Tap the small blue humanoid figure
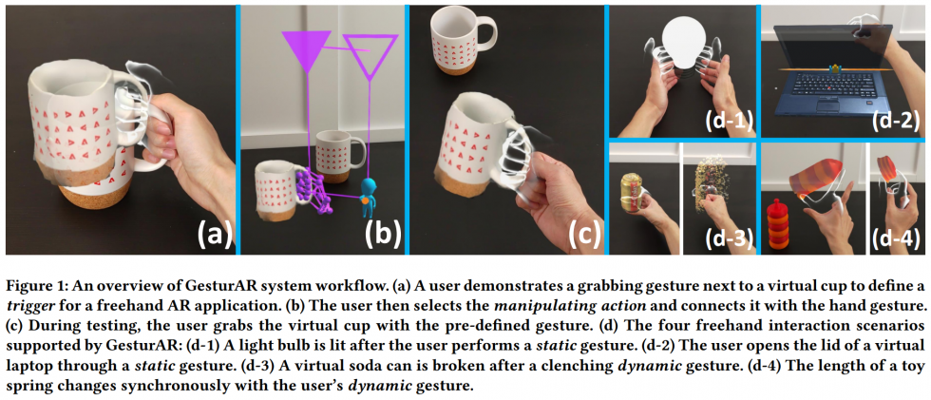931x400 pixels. click(368, 187)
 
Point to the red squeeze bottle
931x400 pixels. click(776, 226)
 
